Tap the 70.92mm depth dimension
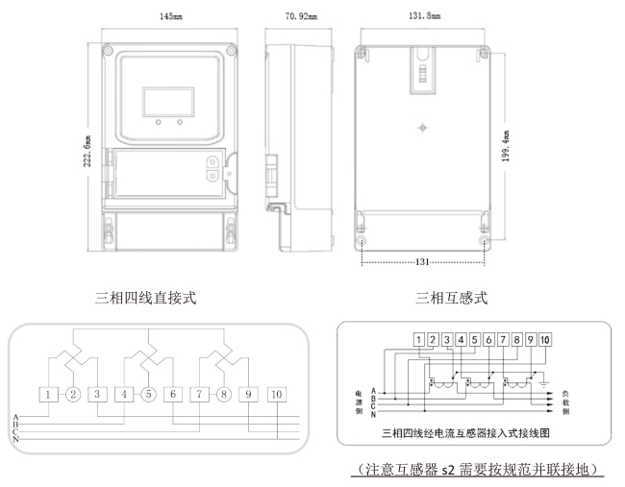[x=305, y=16]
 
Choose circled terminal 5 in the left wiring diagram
[x=149, y=394]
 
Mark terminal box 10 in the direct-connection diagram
[x=277, y=394]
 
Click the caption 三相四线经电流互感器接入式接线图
[x=465, y=432]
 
